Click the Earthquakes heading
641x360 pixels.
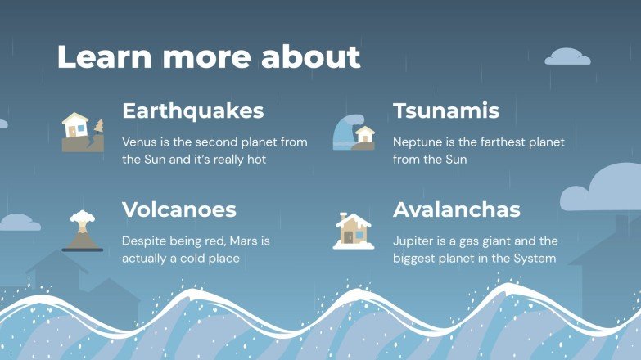coord(192,111)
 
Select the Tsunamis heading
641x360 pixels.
coord(445,111)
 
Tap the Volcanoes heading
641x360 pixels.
coord(178,210)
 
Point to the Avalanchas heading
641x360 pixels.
coord(456,210)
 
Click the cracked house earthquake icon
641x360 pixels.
coord(83,132)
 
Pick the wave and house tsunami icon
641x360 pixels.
coord(354,133)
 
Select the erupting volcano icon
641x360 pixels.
coord(82,232)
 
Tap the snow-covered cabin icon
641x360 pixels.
coord(354,232)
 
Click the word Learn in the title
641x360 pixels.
coord(102,57)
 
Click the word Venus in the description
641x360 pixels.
coord(139,142)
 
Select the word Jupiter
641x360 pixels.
coord(414,241)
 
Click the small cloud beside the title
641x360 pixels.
coord(567,57)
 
